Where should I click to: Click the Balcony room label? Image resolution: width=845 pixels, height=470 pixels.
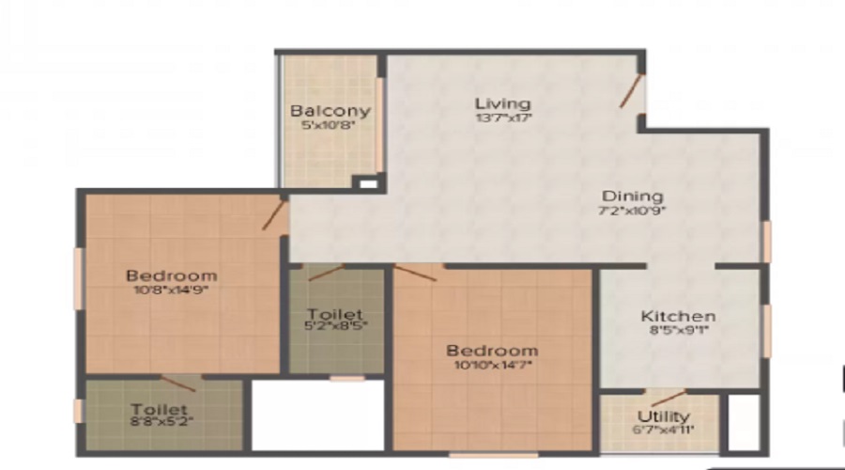(x=330, y=111)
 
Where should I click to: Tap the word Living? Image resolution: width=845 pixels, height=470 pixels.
(x=503, y=103)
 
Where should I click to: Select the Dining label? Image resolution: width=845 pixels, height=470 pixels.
(x=632, y=197)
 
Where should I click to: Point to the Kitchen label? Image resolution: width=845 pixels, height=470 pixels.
(x=678, y=316)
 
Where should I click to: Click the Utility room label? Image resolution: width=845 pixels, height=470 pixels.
(x=664, y=416)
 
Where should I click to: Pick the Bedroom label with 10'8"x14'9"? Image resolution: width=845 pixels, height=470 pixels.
(x=172, y=275)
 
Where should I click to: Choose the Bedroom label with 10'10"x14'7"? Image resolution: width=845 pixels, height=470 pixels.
(x=492, y=351)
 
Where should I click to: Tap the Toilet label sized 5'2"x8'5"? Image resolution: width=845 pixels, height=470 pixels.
(x=335, y=314)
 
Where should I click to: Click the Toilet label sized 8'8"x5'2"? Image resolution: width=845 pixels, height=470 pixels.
(x=159, y=410)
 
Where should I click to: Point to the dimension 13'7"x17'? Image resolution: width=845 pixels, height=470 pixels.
(x=503, y=117)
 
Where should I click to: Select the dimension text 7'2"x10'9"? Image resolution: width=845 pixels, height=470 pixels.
(x=632, y=211)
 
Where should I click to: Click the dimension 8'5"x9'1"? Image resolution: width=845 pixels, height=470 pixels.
(x=679, y=330)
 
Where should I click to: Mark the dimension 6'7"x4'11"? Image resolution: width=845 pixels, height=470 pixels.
(x=663, y=431)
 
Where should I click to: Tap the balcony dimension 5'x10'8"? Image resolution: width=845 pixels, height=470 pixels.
(x=329, y=125)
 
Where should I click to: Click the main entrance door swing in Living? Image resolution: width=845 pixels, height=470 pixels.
(x=631, y=90)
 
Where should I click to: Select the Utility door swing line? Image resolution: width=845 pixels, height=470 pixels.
(x=668, y=399)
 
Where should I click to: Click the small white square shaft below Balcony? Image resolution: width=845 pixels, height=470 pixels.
(x=368, y=184)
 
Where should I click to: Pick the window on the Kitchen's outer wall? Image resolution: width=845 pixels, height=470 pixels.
(x=767, y=330)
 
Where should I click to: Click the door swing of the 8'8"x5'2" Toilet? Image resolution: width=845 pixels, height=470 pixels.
(x=177, y=384)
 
